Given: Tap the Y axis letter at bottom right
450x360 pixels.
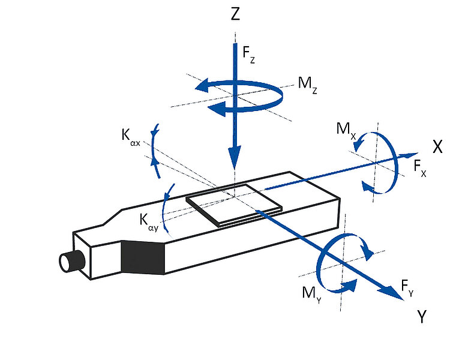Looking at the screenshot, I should [x=421, y=317].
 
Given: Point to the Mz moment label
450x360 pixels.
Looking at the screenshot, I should [x=307, y=85].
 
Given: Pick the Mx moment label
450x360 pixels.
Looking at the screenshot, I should [x=346, y=130].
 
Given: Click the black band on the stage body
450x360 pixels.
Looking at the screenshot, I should [x=143, y=257].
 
